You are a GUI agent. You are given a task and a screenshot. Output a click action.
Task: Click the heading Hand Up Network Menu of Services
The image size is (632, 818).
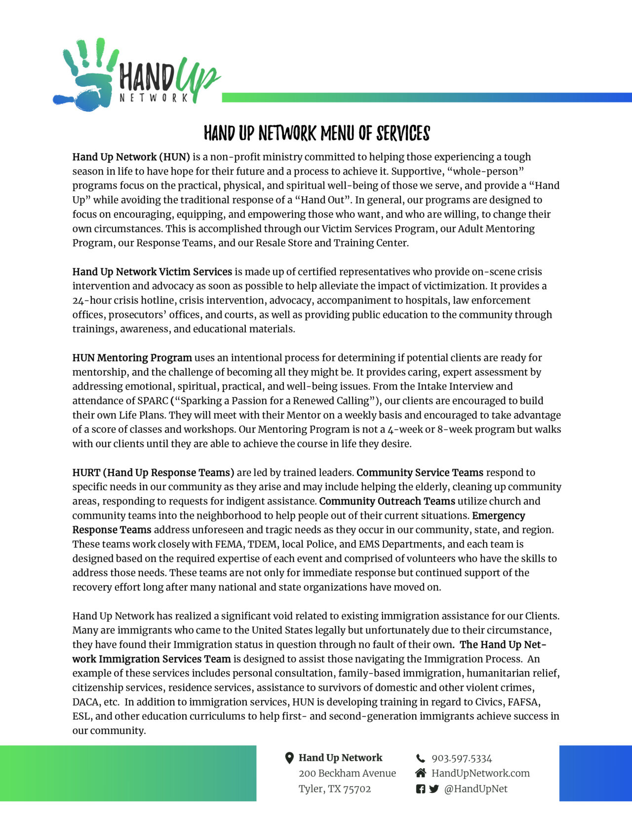[x=316, y=133]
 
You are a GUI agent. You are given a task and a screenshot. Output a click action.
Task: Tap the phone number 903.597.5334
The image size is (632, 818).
[x=462, y=758]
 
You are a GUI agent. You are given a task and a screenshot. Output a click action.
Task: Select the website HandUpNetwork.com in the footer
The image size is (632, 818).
[x=480, y=773]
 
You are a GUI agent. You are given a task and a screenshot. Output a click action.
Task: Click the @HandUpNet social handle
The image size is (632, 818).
[x=475, y=788]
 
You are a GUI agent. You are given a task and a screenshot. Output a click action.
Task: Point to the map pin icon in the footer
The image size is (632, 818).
[x=290, y=758]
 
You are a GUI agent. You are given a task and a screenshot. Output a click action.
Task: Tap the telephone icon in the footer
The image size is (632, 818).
[x=421, y=758]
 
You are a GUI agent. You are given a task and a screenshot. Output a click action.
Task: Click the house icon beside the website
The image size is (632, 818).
[x=421, y=773]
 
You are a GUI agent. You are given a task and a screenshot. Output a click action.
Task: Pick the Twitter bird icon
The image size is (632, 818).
[x=434, y=789]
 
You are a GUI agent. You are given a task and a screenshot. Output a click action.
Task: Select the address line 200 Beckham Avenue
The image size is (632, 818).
[x=347, y=773]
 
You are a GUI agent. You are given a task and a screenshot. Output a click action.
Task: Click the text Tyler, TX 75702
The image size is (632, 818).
[x=335, y=788]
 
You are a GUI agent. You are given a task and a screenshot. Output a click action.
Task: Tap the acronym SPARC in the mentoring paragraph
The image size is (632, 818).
[x=153, y=401]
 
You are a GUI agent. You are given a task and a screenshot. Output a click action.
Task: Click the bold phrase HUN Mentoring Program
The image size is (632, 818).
[x=132, y=358]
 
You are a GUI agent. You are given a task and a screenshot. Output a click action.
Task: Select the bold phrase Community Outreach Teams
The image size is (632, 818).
[x=387, y=501]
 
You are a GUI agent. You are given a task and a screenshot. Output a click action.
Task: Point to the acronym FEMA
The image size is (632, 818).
[x=228, y=544]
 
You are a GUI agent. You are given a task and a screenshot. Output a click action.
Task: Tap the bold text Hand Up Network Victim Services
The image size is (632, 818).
[x=152, y=272]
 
